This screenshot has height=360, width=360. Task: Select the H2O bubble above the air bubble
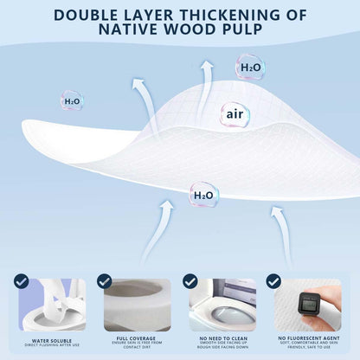pos(249,67)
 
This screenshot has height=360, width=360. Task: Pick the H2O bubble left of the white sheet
pos(72,100)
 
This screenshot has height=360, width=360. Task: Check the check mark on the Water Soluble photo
pos(22,281)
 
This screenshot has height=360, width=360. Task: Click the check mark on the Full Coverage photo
pos(105,281)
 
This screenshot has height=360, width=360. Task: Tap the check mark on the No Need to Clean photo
pos(190,281)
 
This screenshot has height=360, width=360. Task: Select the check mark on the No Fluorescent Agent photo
pos(274,281)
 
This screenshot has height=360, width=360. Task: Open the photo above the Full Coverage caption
pos(138,304)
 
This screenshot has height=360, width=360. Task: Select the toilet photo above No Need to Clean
pos(222,304)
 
